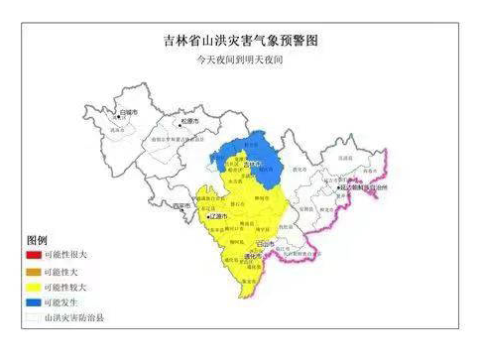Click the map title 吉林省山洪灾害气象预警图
tap(241, 41)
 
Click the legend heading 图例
tap(37, 241)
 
